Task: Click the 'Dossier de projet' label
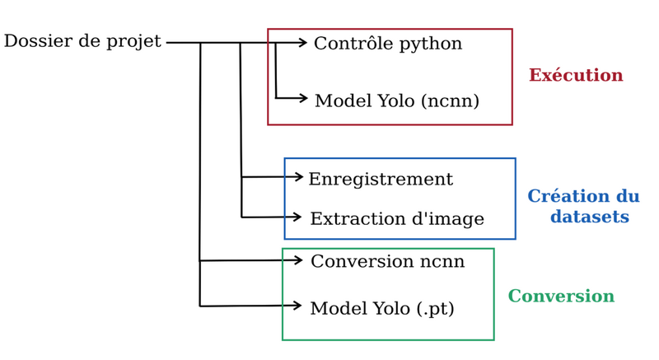82,41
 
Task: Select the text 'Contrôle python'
387,44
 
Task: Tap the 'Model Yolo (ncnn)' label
396,101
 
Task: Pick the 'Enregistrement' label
380,180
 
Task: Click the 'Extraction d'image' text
396,219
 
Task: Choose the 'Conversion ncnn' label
387,262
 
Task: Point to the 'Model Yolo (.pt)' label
381,309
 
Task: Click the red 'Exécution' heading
575,76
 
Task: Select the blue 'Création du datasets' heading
583,207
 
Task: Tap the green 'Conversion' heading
560,297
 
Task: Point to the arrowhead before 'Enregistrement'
298,176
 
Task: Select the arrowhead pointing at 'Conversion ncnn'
298,260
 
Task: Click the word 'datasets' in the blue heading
589,217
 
